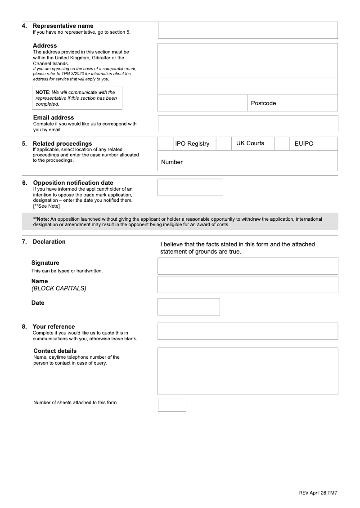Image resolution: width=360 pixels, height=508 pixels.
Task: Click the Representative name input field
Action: (x=247, y=30)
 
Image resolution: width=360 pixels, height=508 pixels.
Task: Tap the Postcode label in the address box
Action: (x=263, y=103)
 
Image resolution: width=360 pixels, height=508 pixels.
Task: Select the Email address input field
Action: (x=247, y=124)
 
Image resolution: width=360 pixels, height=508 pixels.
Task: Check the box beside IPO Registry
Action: (x=165, y=143)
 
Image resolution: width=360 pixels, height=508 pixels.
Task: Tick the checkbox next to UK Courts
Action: (x=223, y=143)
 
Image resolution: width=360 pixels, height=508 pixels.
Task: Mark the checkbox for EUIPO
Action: (x=282, y=143)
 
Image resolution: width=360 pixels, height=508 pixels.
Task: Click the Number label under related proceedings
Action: (x=172, y=162)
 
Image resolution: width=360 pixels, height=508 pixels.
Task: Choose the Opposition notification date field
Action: (x=190, y=187)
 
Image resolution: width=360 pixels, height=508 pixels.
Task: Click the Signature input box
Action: (x=247, y=266)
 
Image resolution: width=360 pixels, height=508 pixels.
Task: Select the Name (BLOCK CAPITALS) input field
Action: (x=247, y=285)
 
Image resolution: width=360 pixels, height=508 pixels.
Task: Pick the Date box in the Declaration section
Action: (x=189, y=307)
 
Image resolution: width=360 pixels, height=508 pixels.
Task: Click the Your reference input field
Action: (x=247, y=331)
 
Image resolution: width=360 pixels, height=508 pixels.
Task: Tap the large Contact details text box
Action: (x=247, y=371)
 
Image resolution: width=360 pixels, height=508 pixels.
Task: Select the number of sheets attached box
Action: (x=172, y=405)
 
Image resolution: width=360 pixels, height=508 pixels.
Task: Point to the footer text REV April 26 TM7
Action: (x=318, y=493)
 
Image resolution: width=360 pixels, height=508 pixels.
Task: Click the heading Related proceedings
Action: (x=62, y=144)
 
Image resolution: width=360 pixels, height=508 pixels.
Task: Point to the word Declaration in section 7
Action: (x=49, y=242)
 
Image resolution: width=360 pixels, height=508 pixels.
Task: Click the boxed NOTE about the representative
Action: (x=76, y=98)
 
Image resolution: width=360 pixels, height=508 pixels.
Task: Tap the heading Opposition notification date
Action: (x=73, y=183)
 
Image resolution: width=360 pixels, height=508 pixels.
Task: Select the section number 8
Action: (x=24, y=327)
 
